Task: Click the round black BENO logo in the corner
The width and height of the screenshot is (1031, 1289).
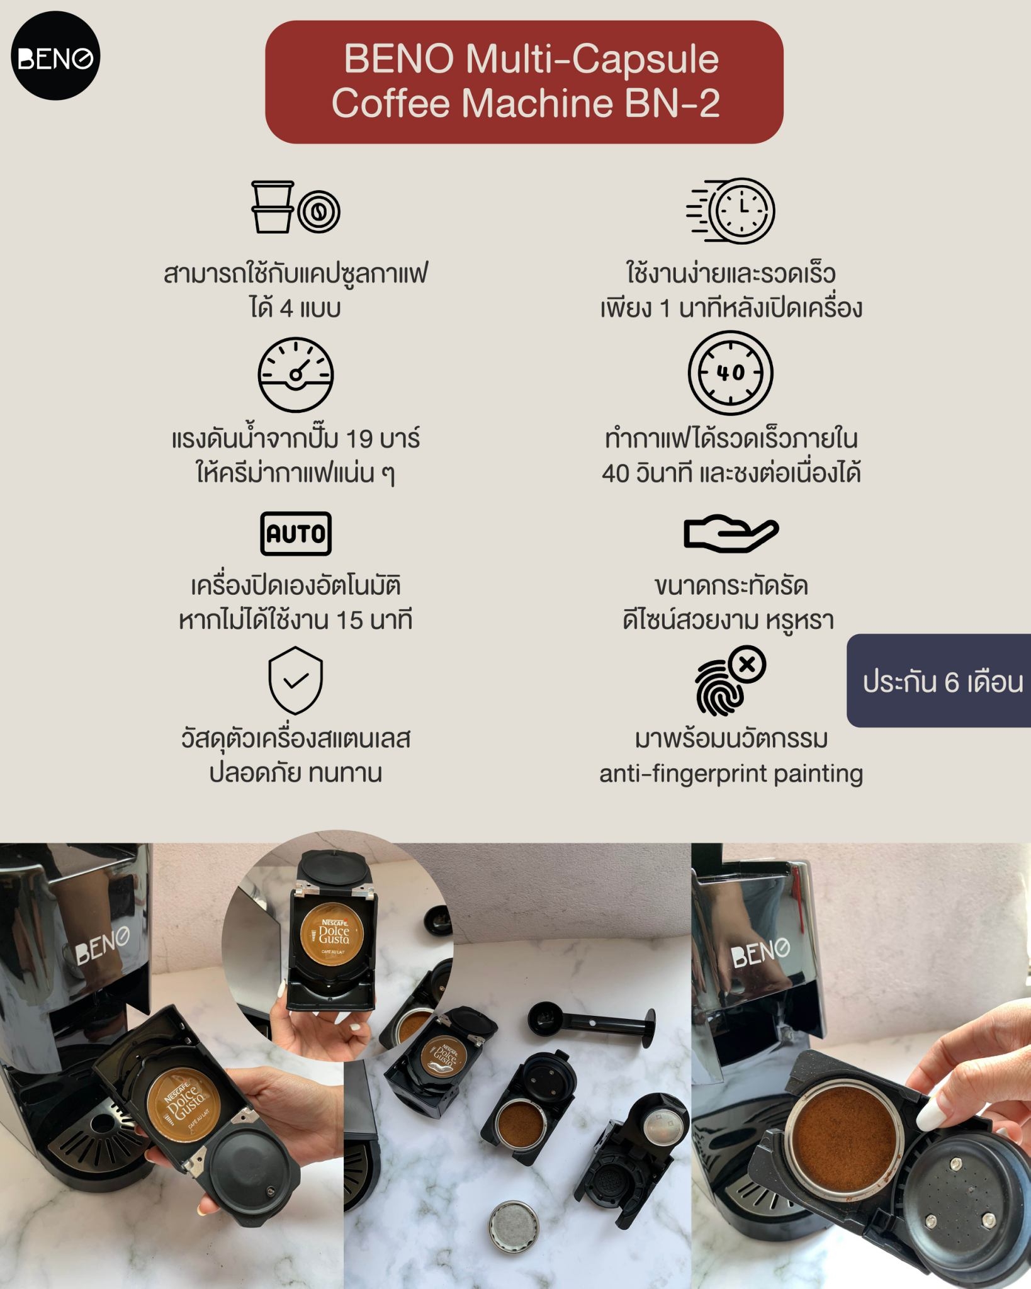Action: [55, 56]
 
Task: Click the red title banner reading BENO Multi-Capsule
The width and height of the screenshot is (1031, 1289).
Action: [524, 82]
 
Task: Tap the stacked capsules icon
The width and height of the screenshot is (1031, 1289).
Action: [295, 208]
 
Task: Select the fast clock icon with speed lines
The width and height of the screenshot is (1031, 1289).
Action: [731, 210]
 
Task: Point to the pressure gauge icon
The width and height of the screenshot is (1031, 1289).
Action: [295, 374]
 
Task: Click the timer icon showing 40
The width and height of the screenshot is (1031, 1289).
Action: [730, 373]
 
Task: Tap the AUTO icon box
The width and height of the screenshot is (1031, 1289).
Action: [295, 534]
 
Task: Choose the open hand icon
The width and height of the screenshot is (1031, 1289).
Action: [731, 533]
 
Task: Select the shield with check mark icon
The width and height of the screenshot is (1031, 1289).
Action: [295, 680]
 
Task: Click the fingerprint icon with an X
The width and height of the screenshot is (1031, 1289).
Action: [730, 681]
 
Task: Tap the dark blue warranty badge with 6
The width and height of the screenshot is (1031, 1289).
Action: [939, 681]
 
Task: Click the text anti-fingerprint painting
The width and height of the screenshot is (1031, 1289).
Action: [731, 774]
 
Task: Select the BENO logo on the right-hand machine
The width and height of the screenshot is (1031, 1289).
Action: [760, 950]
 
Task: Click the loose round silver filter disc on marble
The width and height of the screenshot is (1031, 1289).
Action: [514, 1225]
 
